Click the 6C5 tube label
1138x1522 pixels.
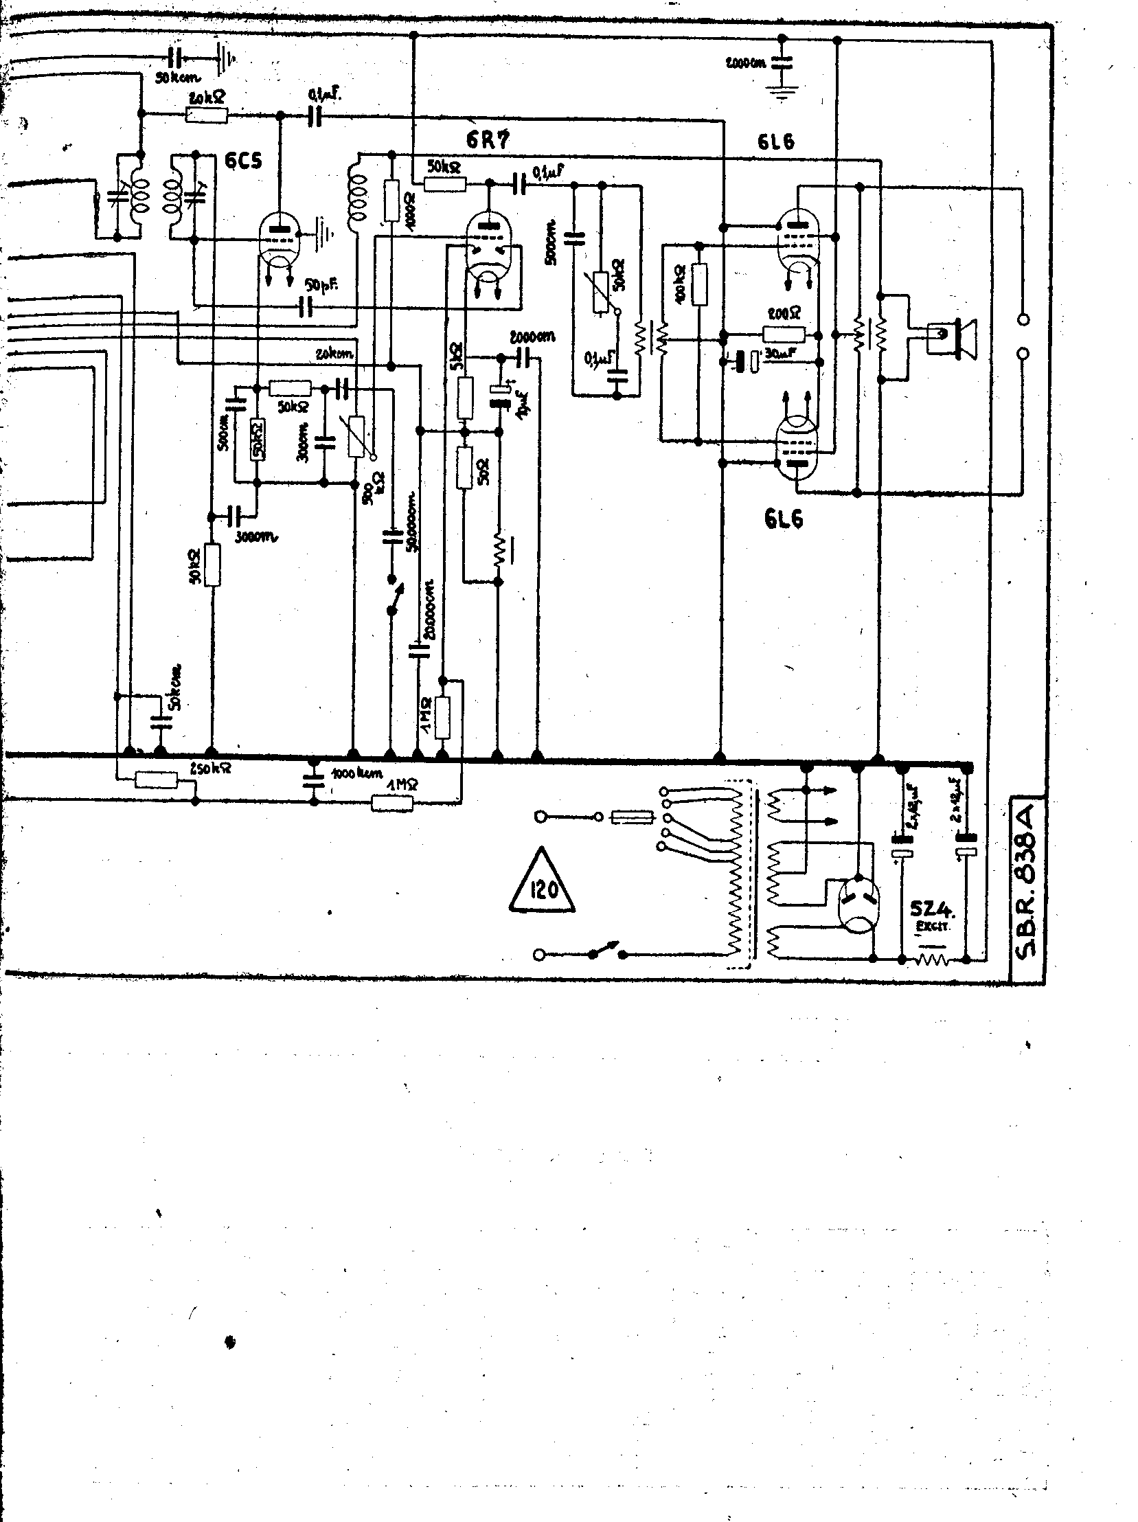point(244,163)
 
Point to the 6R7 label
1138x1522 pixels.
point(488,140)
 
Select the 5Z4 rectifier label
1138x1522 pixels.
point(932,910)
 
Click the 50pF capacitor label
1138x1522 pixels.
point(321,284)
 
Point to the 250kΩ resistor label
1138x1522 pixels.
point(210,769)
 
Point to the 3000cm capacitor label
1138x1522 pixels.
point(255,537)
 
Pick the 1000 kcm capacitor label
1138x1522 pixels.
point(356,773)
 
